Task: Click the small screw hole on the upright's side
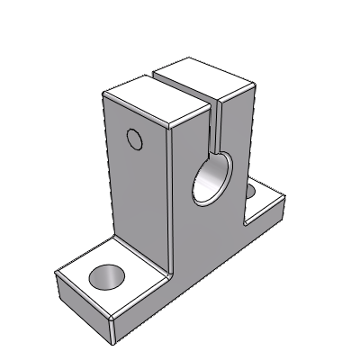(135, 139)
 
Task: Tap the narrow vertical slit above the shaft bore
(215, 126)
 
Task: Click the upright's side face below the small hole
(139, 198)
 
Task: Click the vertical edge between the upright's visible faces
(168, 198)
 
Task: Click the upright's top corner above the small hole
(104, 94)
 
